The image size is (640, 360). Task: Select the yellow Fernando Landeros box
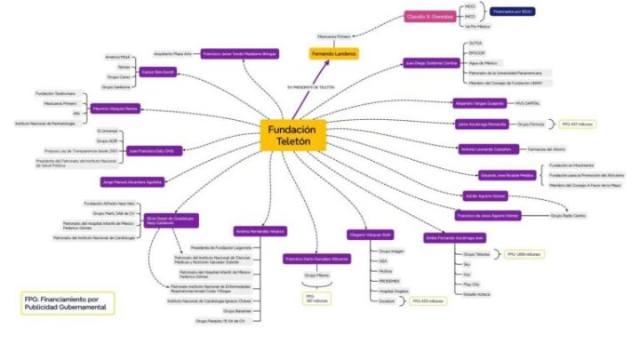(x=334, y=54)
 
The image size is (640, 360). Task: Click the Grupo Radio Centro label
(x=568, y=215)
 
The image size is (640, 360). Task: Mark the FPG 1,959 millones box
(x=524, y=254)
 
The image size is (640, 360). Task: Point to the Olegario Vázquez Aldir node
(x=370, y=235)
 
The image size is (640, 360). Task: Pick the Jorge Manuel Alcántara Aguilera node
(x=132, y=181)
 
